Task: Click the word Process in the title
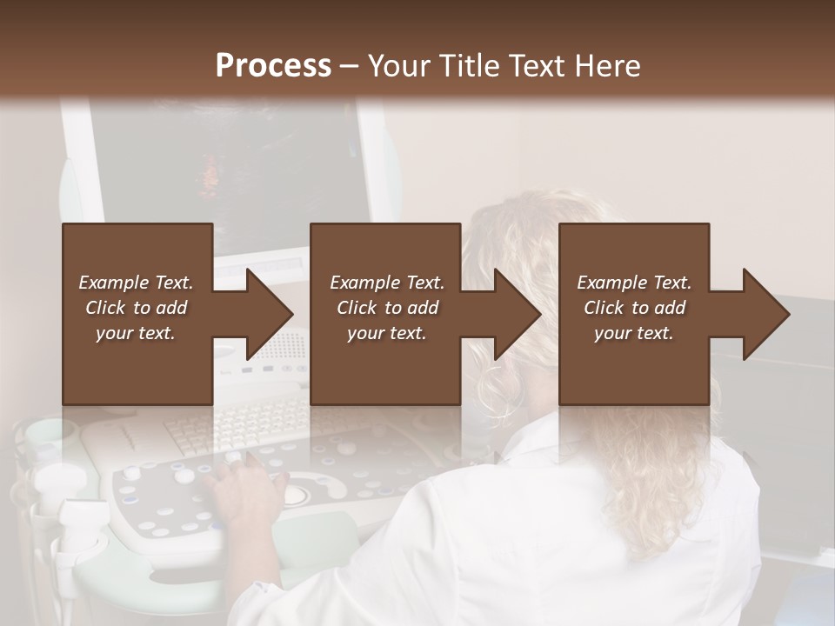point(273,66)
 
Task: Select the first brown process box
point(137,365)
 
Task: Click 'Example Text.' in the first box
point(136,283)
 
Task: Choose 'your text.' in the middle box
point(386,333)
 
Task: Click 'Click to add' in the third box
point(634,308)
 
